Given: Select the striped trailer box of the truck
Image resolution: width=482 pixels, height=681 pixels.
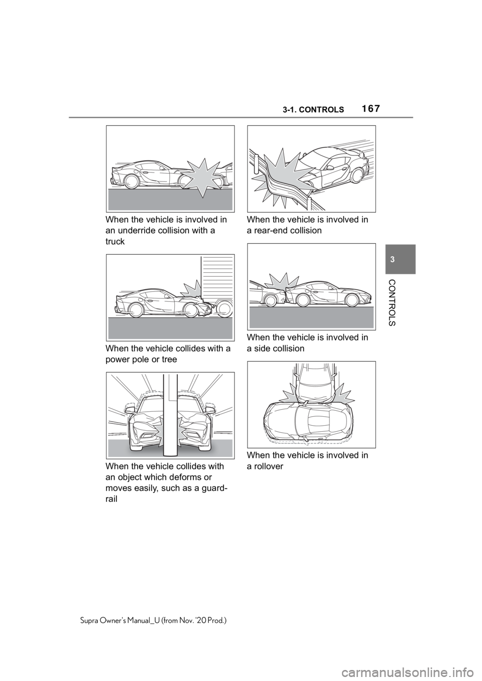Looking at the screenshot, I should tap(217, 278).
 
